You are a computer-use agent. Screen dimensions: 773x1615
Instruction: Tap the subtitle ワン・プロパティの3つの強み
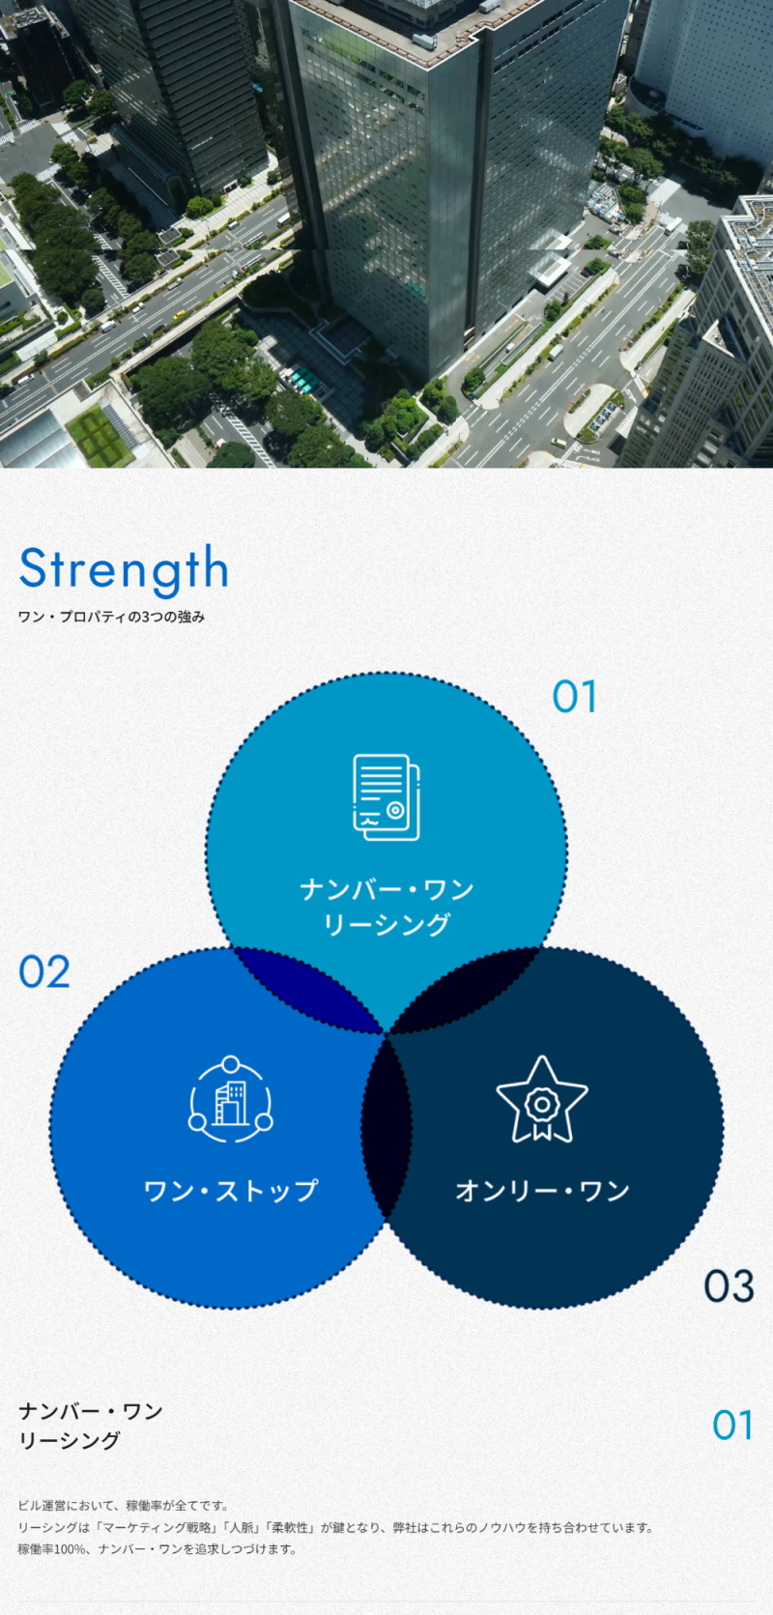click(111, 618)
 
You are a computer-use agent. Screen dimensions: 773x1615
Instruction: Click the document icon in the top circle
click(386, 797)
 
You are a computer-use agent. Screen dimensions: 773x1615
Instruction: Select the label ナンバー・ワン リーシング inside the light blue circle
click(386, 907)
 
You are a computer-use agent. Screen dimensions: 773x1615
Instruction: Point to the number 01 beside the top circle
click(575, 697)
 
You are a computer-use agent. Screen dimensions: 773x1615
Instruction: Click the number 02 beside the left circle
click(44, 972)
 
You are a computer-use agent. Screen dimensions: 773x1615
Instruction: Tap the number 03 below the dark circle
click(729, 1286)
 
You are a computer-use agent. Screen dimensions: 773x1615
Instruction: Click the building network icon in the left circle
click(231, 1100)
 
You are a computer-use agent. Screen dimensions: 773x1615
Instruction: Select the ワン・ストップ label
click(231, 1191)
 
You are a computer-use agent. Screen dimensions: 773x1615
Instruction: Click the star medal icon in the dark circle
click(542, 1100)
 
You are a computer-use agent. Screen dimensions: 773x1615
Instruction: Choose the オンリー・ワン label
click(542, 1191)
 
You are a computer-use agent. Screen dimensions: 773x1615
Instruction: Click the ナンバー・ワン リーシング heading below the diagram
click(91, 1426)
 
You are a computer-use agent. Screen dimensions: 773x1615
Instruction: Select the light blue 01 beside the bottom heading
click(732, 1426)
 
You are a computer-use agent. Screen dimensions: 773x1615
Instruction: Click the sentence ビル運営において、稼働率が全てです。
click(124, 1506)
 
